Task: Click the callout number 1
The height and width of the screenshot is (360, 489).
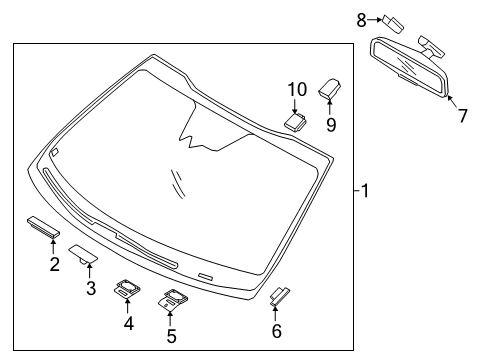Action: (x=365, y=190)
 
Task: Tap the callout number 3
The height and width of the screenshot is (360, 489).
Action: (x=90, y=289)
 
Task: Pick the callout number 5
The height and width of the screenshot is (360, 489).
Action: (x=170, y=336)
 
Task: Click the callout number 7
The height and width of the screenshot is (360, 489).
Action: (x=462, y=116)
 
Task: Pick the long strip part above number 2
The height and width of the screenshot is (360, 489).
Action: (x=43, y=224)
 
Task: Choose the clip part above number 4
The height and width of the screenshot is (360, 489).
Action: (x=127, y=289)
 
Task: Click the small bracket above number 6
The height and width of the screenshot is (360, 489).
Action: (x=279, y=293)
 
